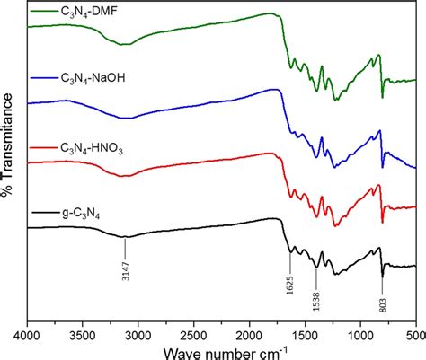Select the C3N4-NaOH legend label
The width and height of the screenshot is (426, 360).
coord(95,78)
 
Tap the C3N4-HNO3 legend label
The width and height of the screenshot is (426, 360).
coord(94,145)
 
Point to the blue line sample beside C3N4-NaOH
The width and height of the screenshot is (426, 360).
coord(44,78)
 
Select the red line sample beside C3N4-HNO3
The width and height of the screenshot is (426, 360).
coord(44,145)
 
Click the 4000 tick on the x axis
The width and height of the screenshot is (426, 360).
coord(28,333)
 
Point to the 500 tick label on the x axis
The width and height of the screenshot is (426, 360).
coord(413,333)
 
